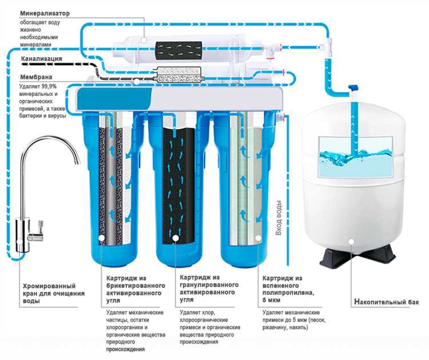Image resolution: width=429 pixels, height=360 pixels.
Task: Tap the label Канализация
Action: pos(43,58)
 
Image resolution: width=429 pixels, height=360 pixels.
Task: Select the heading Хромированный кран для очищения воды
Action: pos(53,293)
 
